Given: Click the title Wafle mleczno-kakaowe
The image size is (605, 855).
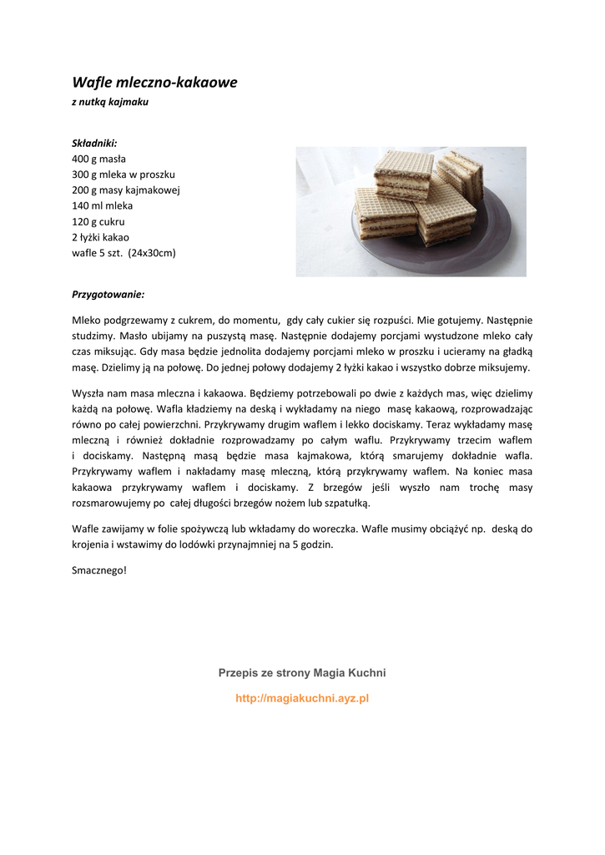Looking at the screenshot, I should [154, 83].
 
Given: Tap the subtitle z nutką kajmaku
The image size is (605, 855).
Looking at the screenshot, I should [110, 102].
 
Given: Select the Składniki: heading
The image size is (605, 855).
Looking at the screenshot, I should [94, 143].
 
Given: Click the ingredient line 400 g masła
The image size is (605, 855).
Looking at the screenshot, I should [99, 159].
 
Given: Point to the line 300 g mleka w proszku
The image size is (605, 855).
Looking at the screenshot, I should [124, 175].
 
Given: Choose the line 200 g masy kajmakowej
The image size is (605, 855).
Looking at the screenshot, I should [126, 190].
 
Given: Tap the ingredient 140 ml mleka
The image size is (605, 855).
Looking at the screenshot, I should [103, 205].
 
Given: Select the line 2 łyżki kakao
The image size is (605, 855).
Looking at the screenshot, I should [100, 237].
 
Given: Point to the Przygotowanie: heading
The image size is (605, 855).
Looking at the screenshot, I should [108, 295].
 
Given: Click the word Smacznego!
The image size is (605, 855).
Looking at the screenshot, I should [99, 571].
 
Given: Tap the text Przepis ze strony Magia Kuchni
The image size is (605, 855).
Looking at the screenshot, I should [302, 673].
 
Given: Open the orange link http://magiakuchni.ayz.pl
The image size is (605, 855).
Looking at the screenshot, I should [302, 698].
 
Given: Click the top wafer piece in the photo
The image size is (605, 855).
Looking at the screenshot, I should [403, 173].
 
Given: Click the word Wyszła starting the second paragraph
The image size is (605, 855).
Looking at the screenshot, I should [89, 393].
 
